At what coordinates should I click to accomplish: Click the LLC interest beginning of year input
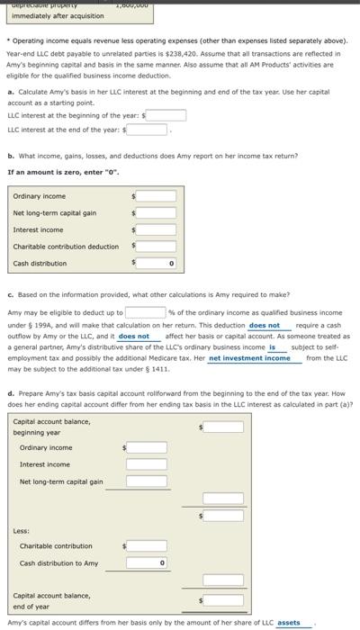162,114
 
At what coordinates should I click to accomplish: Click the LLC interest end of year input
146,129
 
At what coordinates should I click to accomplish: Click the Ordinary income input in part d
145,446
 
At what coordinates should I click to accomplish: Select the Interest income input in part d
145,463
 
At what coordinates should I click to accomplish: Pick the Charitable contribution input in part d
145,545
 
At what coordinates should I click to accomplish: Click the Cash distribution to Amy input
145,563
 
